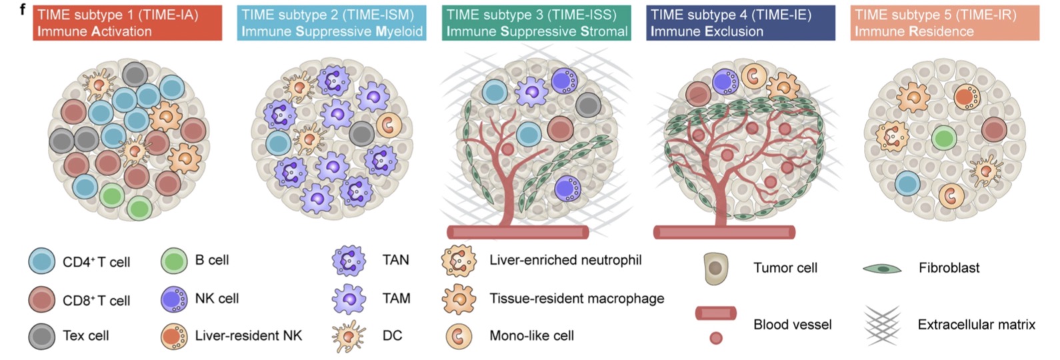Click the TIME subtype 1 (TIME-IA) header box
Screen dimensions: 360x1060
point(127,23)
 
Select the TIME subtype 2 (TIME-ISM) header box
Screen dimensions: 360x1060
point(331,23)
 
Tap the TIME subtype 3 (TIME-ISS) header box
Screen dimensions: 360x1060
point(536,23)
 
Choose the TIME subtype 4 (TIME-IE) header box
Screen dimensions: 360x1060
point(740,23)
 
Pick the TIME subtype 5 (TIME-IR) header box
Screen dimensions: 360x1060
point(945,23)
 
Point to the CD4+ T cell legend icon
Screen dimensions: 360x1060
point(42,261)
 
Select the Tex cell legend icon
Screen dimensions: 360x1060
point(42,336)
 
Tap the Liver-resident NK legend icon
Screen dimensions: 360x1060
point(174,336)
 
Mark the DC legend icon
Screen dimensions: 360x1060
point(349,336)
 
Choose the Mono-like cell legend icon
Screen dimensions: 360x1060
point(459,336)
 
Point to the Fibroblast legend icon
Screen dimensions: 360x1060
point(882,269)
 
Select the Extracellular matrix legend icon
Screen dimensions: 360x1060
point(882,325)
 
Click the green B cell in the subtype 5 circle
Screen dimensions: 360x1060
point(943,138)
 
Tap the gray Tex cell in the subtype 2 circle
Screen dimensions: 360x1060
point(361,134)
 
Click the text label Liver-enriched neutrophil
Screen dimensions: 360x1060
point(565,260)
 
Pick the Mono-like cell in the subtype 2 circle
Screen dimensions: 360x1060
point(389,125)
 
